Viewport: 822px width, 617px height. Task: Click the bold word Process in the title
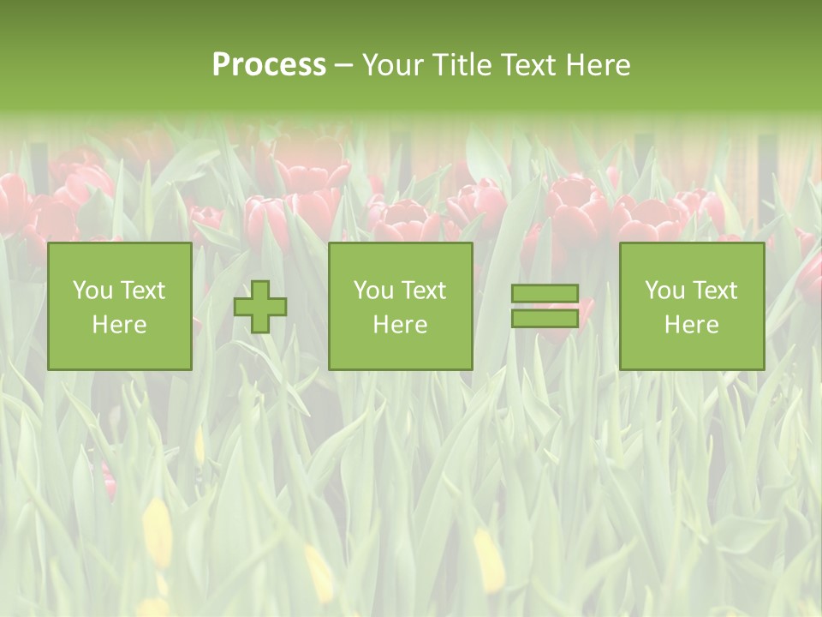[269, 65]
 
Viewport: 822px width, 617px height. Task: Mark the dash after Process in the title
[343, 66]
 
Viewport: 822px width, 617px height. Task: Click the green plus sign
[260, 307]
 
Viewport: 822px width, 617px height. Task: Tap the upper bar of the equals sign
[545, 294]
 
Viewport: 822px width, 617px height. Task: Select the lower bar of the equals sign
[545, 318]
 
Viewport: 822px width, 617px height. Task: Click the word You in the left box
[92, 291]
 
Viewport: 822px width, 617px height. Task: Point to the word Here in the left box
[119, 325]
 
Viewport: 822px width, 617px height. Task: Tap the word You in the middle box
[373, 291]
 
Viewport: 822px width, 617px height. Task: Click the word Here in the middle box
[400, 325]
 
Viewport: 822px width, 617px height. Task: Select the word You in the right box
[664, 291]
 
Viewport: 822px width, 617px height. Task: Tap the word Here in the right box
[691, 325]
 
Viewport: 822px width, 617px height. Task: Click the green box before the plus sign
[119, 351]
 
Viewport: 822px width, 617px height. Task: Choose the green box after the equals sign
[691, 351]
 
